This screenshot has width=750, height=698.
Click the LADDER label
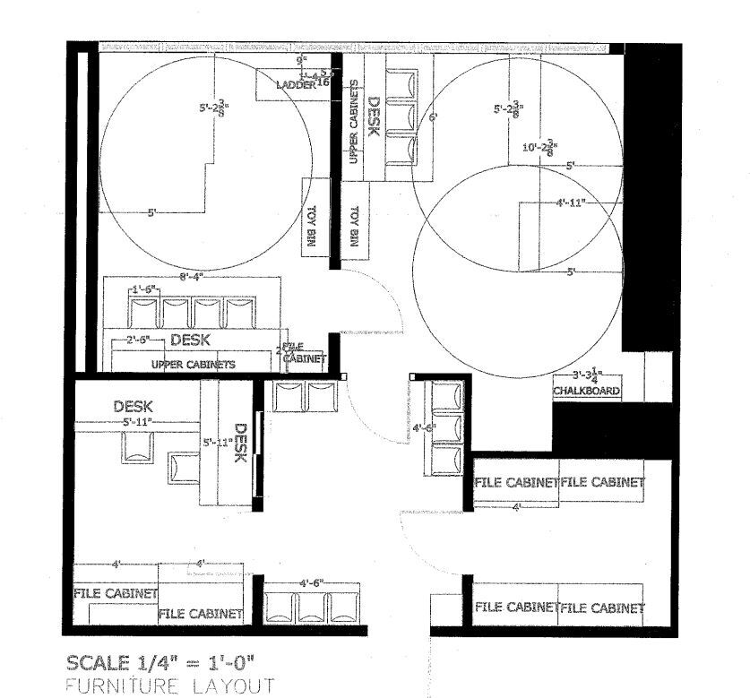tap(296, 85)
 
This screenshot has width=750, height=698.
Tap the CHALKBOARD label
tap(587, 392)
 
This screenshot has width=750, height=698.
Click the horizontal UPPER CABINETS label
tap(194, 365)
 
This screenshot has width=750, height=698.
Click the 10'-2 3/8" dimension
tap(541, 149)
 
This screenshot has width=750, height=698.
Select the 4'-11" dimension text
tap(570, 203)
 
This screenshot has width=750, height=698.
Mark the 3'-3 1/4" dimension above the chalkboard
tap(590, 376)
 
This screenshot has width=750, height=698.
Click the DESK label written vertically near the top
tap(375, 116)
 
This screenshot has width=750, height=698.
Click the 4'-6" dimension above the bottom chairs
tap(315, 582)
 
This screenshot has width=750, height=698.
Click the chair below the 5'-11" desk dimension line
tap(138, 446)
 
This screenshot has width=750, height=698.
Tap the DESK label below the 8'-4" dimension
tap(190, 340)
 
